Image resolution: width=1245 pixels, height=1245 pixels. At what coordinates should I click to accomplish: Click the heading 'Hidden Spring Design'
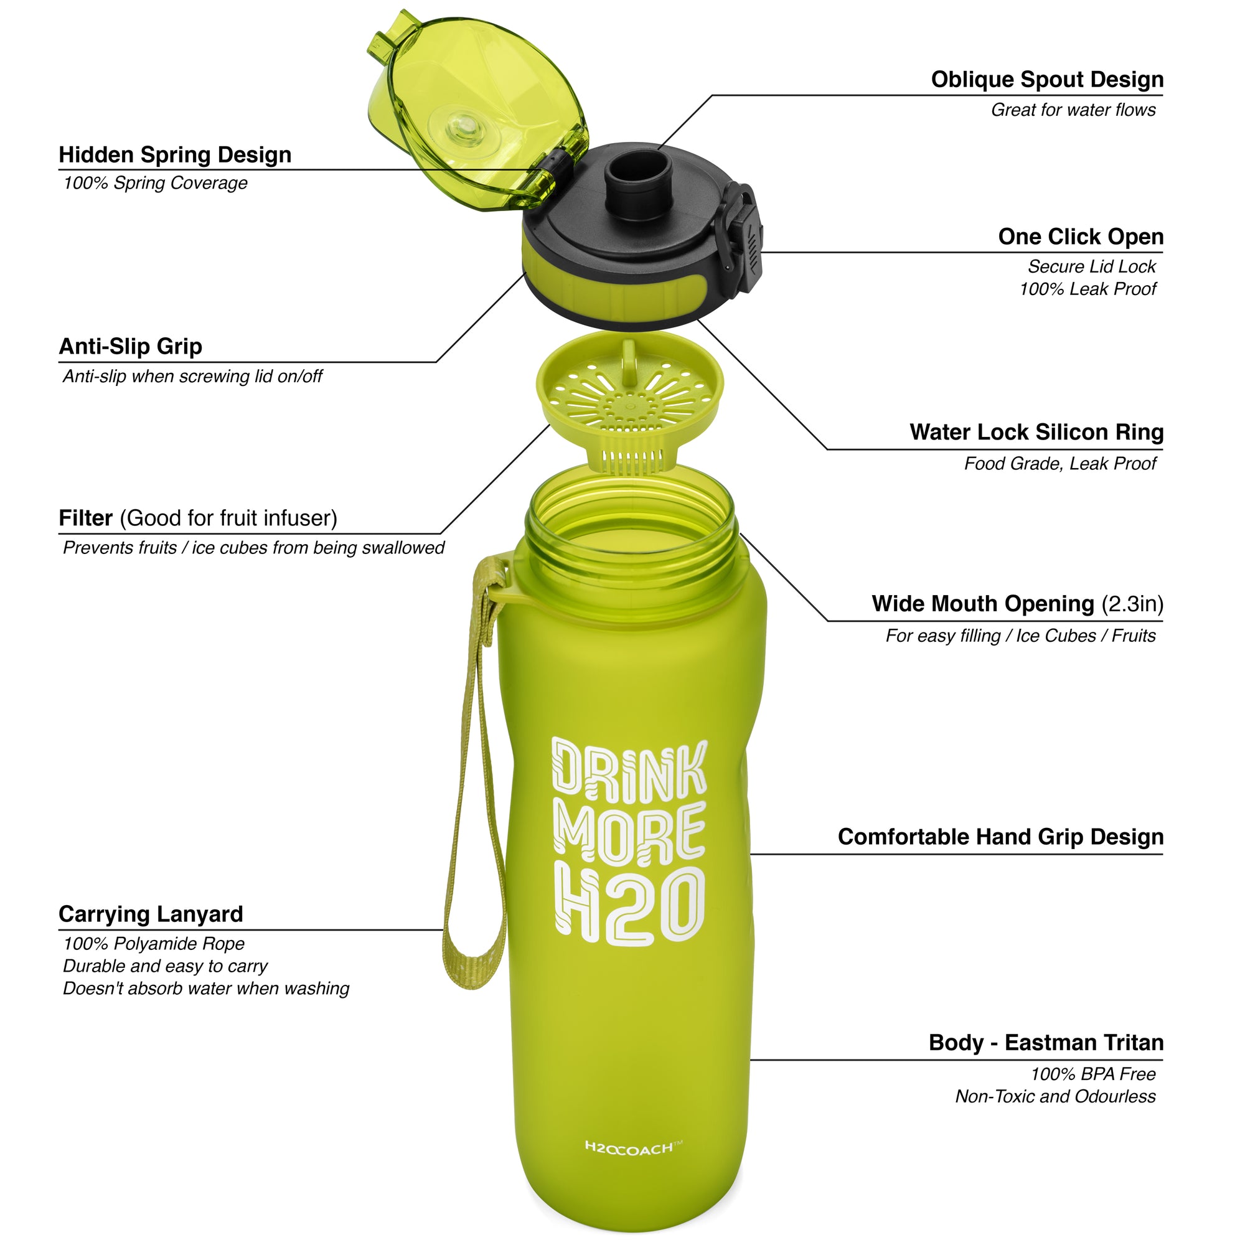175,154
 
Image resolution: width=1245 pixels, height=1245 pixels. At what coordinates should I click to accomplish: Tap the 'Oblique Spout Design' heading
1046,79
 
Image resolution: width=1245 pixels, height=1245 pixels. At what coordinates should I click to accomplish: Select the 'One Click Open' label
1080,237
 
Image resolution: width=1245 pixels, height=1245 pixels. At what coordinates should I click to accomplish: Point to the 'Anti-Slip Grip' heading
130,346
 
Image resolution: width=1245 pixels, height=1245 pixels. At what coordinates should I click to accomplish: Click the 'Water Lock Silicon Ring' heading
1036,432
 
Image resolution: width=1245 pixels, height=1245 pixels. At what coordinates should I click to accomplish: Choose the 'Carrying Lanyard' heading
150,914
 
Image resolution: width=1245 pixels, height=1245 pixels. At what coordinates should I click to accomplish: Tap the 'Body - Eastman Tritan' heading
1045,1042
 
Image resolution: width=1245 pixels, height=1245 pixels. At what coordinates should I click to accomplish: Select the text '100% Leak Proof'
1087,289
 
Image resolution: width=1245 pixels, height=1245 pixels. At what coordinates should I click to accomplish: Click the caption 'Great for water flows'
1073,110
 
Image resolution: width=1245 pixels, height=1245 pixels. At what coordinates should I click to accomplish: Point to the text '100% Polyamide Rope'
153,944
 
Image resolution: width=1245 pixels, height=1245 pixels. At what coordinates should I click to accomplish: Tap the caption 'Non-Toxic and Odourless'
1055,1096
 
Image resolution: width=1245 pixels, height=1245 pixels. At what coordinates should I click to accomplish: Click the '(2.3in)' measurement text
1132,604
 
